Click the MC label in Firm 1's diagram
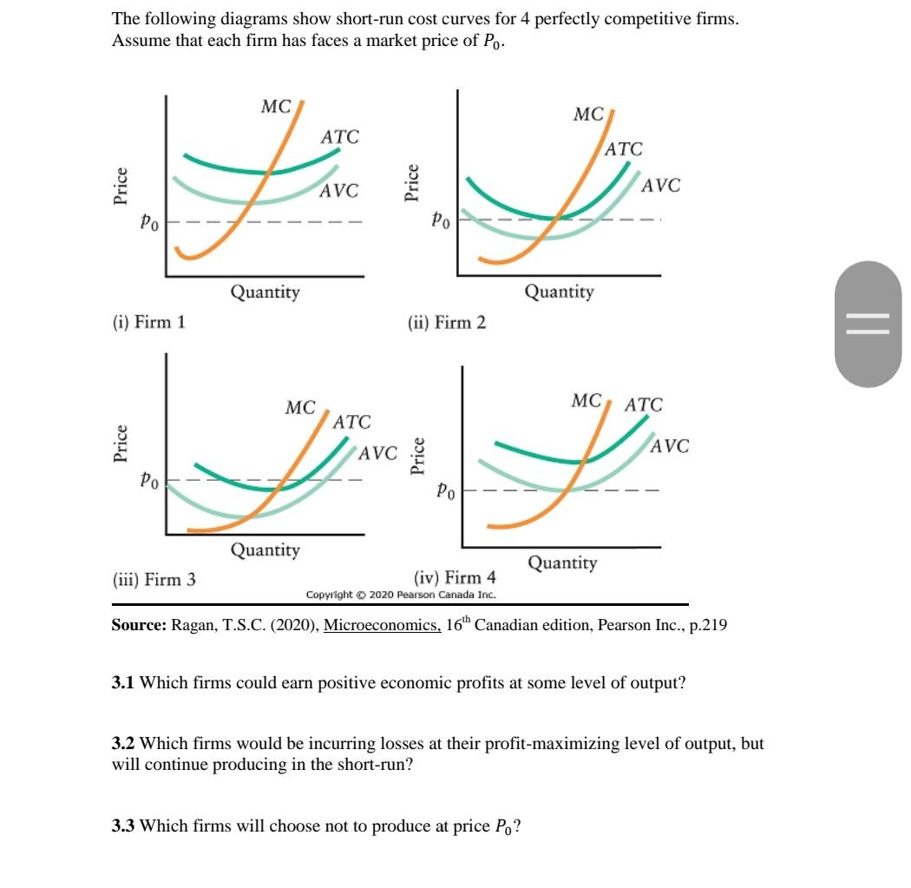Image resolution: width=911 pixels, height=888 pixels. (276, 107)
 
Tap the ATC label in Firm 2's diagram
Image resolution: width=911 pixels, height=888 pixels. (623, 149)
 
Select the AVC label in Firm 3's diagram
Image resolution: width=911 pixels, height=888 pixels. (377, 453)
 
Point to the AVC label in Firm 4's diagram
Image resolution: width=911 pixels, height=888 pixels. (670, 446)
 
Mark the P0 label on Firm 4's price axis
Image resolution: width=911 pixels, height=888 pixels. (444, 491)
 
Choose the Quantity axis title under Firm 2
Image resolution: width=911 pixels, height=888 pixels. (559, 292)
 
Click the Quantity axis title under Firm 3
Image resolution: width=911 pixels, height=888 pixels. (265, 549)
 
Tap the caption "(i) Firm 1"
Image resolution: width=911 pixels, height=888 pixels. (148, 322)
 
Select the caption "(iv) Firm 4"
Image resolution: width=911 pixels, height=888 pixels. (455, 577)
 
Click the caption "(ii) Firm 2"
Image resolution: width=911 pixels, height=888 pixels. (447, 323)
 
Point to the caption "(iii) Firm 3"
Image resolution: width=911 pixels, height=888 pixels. (154, 579)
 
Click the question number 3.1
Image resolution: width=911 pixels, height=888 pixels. (124, 683)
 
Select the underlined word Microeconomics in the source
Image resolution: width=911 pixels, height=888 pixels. (382, 626)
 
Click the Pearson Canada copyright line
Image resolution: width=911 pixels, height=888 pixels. (401, 595)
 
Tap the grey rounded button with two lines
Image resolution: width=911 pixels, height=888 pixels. (868, 324)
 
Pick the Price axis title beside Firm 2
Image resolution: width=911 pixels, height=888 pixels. (414, 184)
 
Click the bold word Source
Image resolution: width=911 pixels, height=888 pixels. (139, 626)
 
